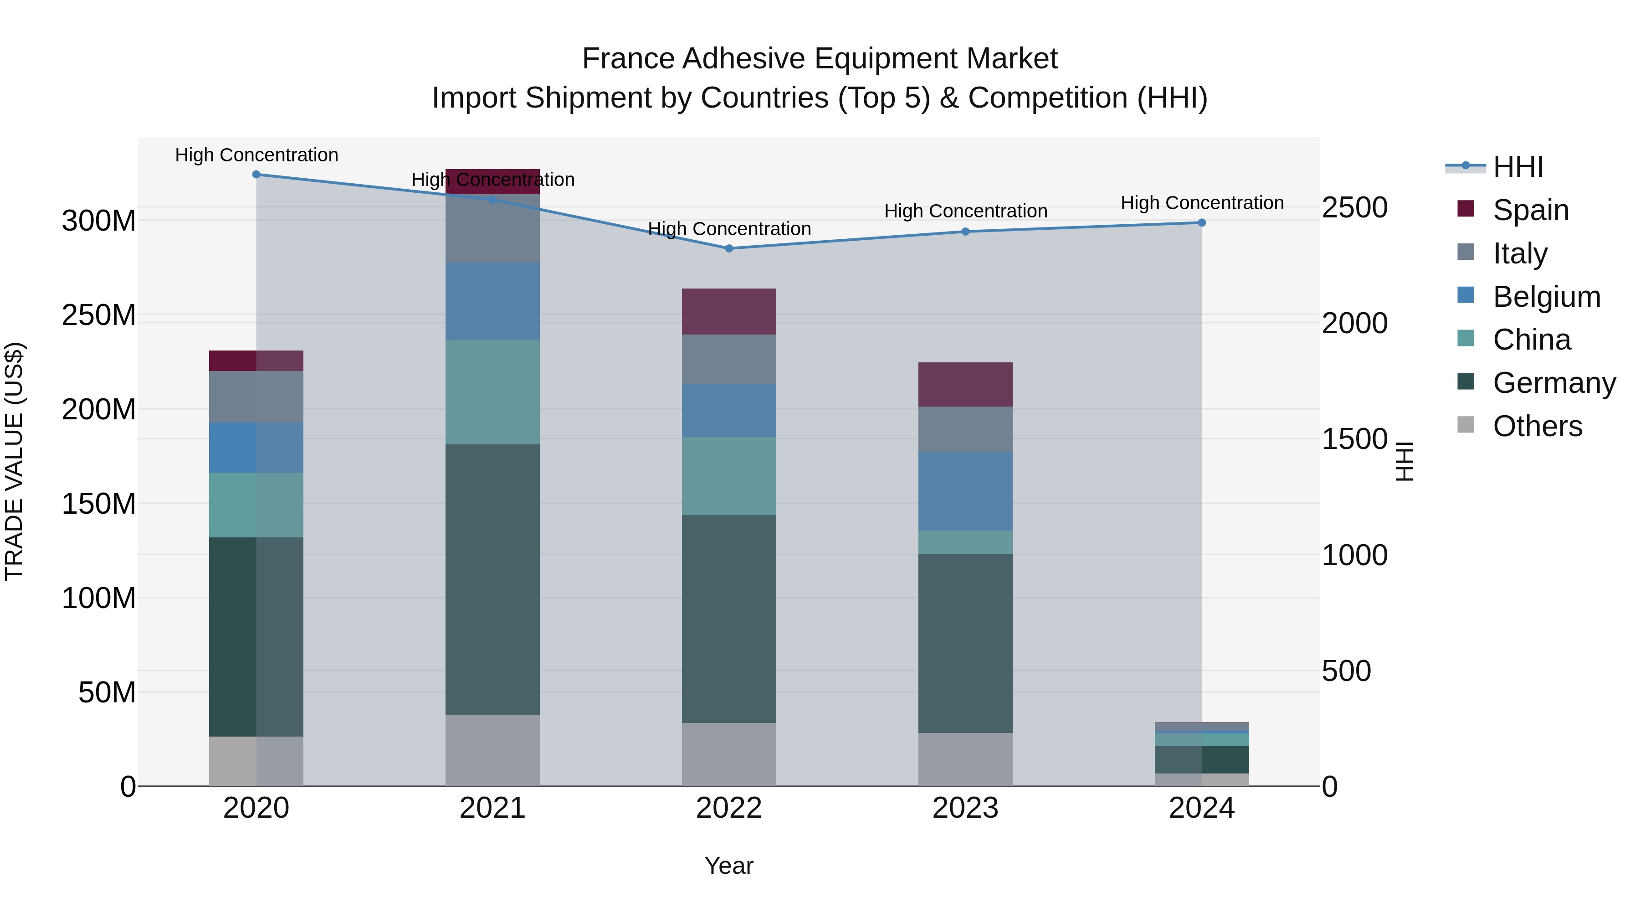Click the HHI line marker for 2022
[729, 248]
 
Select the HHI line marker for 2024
[1201, 222]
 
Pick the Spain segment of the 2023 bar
[965, 384]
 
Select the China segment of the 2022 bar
[729, 476]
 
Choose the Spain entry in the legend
[1531, 210]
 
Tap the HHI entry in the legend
[1518, 167]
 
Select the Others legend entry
[1537, 426]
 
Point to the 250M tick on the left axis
[99, 315]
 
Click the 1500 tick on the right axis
[1354, 439]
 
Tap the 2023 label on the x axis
[965, 808]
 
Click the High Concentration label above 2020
[256, 155]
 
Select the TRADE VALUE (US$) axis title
[14, 461]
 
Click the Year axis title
[729, 866]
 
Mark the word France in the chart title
[628, 59]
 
